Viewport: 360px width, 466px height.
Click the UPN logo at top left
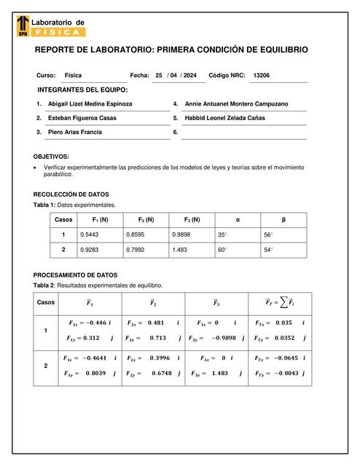(x=23, y=27)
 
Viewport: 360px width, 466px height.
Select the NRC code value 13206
(x=261, y=75)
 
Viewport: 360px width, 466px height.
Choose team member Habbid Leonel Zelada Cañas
(x=225, y=118)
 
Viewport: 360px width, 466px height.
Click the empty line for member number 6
(x=243, y=133)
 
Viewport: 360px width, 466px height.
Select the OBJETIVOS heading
(x=52, y=157)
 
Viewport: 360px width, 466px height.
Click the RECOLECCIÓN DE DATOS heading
(x=71, y=194)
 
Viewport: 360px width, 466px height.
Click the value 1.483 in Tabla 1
(x=179, y=250)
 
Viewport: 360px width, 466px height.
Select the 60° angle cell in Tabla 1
(x=222, y=250)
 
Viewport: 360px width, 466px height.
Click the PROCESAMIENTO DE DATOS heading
(x=76, y=275)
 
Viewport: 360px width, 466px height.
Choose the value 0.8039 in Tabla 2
(x=95, y=373)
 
